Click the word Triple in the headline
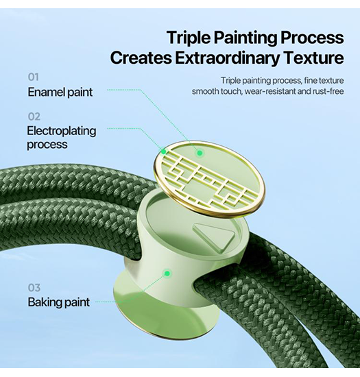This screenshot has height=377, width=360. pos(189,38)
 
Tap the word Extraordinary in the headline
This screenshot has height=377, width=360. pos(228,58)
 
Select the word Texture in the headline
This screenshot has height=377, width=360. pos(314,58)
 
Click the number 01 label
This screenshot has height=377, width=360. pos(33,77)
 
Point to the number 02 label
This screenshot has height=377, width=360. pos(34,117)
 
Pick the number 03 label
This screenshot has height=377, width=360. pos(34,288)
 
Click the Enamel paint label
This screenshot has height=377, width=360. pos(60,93)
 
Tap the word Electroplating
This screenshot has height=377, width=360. pos(62,132)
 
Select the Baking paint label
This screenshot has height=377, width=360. pos(59,302)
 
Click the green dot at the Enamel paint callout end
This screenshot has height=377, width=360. pos(200,153)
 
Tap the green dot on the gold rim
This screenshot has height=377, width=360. pos(163,151)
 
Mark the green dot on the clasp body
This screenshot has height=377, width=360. pos(167,273)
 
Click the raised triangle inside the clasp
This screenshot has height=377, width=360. pos(216,236)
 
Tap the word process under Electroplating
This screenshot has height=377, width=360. pos(47,145)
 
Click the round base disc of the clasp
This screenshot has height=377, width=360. pos(166,313)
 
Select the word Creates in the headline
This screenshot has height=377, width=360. pos(141,58)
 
